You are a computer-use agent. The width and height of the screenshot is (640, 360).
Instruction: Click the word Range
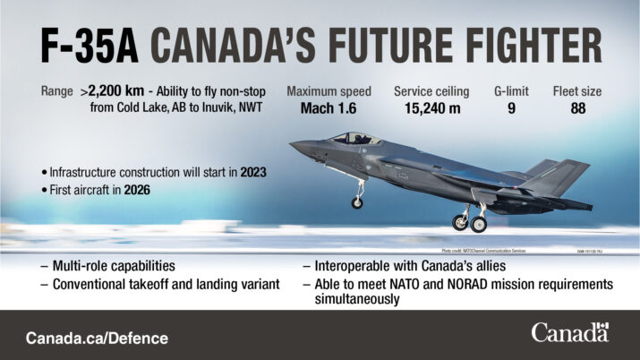click(57, 91)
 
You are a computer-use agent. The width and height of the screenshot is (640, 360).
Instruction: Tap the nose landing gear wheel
click(357, 203)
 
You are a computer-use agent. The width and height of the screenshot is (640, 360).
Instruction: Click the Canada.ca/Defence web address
click(97, 339)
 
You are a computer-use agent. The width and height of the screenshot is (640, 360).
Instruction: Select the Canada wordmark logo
click(569, 333)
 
